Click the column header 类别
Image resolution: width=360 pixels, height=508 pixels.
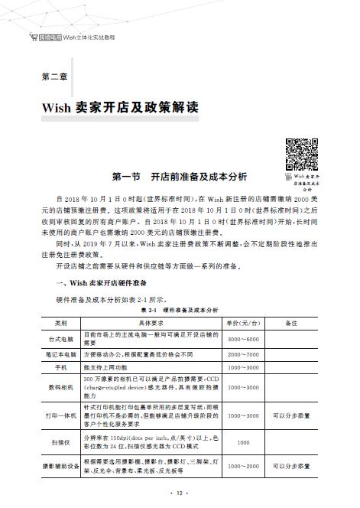[60, 322]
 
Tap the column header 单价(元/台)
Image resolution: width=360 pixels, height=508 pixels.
[244, 322]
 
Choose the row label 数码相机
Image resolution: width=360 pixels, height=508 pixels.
[60, 388]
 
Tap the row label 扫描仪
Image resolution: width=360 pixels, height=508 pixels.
[60, 441]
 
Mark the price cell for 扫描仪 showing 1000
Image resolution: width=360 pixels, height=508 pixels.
[244, 441]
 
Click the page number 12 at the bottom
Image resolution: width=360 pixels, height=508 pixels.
[180, 494]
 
